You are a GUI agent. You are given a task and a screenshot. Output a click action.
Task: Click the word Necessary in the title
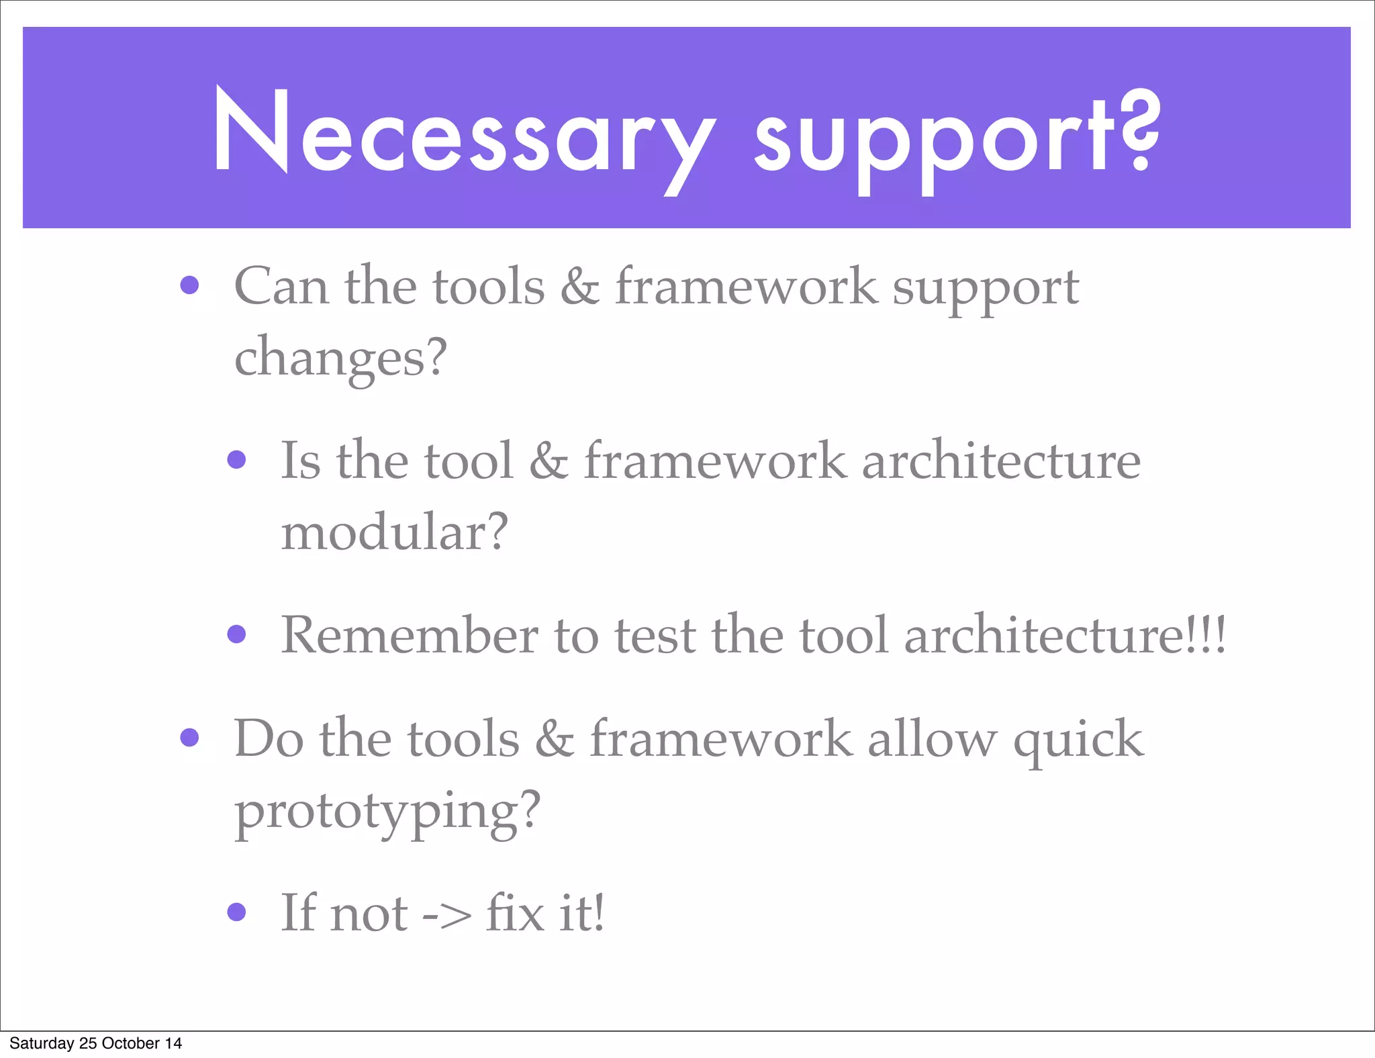(x=463, y=134)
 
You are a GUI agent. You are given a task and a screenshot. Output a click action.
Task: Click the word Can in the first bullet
(x=281, y=287)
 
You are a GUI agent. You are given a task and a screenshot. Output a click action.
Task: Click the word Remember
(x=409, y=635)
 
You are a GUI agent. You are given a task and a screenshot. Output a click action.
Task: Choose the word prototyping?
(x=387, y=811)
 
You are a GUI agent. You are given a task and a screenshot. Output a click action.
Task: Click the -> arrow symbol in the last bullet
(x=446, y=914)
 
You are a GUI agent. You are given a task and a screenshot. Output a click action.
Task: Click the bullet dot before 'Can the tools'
(x=190, y=285)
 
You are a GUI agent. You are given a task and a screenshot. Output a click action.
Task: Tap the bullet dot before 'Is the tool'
(x=236, y=460)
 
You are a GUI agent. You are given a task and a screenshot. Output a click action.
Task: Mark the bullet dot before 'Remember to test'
(x=236, y=634)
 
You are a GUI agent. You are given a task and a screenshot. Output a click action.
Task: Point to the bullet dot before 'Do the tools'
(x=190, y=738)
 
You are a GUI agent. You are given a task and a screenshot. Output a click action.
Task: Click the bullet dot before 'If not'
(x=236, y=912)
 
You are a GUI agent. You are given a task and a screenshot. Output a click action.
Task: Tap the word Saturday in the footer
(x=42, y=1043)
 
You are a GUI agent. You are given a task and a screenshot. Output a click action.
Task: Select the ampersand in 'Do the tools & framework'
(x=555, y=739)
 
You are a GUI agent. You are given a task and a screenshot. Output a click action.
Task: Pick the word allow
(x=932, y=739)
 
